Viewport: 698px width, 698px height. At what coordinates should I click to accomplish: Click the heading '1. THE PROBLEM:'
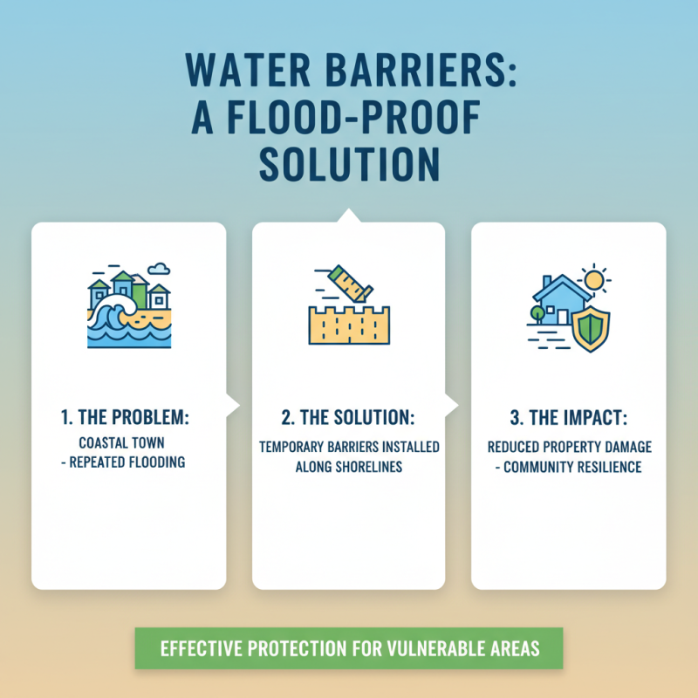coord(128,419)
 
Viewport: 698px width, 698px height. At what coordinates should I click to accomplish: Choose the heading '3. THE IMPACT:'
coord(568,419)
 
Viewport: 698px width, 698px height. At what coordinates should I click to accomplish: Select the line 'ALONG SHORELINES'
coord(348,466)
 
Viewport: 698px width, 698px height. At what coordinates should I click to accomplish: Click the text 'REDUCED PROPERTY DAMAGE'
coord(569,448)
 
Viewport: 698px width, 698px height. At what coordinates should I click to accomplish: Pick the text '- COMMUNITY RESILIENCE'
coord(569,467)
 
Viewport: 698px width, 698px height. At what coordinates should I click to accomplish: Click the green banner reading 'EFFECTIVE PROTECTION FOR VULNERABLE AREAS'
coord(349,649)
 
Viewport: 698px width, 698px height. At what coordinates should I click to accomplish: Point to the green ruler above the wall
coord(348,284)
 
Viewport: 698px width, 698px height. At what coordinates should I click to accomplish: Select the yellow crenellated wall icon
coord(348,324)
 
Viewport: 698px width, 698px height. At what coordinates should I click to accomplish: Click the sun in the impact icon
coord(596,279)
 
